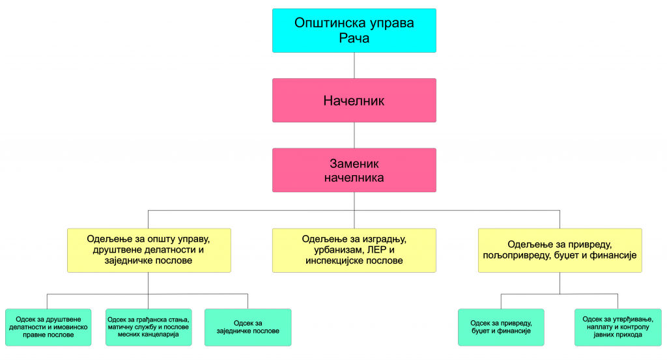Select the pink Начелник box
[x=354, y=100]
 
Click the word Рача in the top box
[x=354, y=38]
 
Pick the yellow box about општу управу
[x=149, y=249]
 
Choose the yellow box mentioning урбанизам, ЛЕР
[x=354, y=249]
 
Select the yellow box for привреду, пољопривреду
[x=560, y=249]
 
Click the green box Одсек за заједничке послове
[x=248, y=327]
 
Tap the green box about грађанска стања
[x=149, y=327]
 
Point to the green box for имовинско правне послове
[x=48, y=327]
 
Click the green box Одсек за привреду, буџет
[x=501, y=327]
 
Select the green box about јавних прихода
[x=617, y=327]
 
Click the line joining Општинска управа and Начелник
[x=354, y=65]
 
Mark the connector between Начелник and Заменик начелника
[x=354, y=135]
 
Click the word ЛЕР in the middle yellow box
[x=380, y=249]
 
